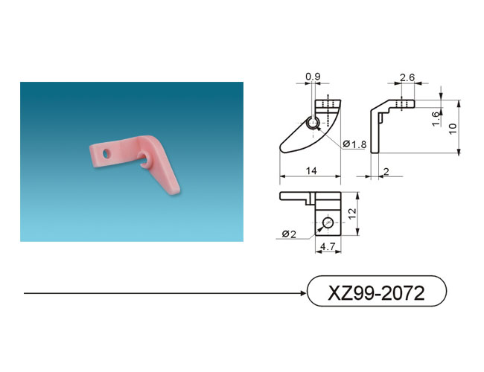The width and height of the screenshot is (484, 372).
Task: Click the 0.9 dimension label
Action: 313,77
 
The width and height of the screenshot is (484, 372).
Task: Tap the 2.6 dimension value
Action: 407,77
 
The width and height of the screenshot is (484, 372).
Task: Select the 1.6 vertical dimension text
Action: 436,118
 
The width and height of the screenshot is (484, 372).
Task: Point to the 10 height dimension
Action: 453,128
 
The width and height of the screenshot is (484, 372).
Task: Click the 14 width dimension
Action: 311,170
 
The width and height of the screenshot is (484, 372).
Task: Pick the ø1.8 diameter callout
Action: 354,144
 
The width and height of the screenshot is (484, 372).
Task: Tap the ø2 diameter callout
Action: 289,234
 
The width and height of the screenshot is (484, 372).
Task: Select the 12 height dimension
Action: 352,214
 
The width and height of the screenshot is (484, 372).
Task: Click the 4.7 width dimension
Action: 328,246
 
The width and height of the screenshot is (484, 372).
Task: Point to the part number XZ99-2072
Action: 376,292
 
